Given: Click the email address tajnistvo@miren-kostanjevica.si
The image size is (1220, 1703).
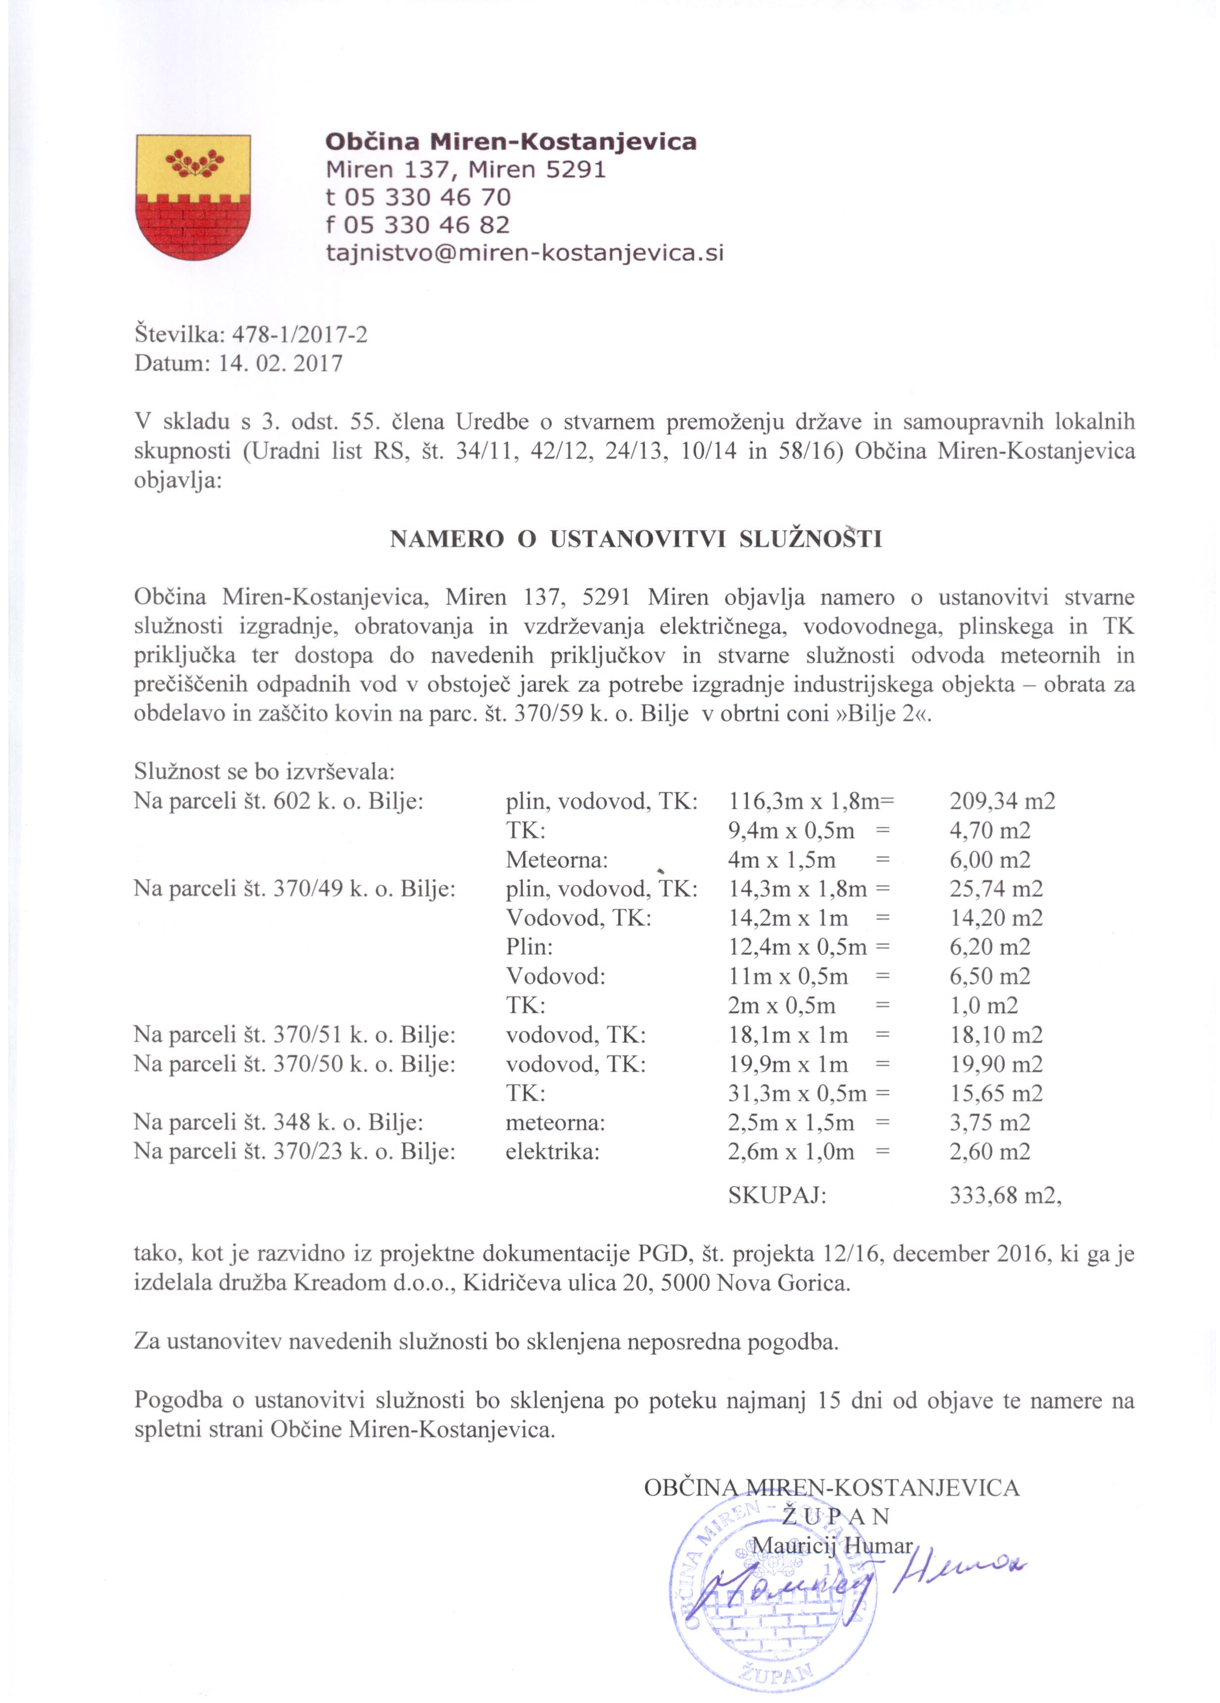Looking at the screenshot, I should tap(524, 253).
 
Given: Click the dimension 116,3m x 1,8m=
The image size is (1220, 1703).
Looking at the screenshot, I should tap(811, 801).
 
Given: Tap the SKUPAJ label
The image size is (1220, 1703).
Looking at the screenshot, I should tap(776, 1195).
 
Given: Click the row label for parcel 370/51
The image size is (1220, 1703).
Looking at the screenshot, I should tap(294, 1035).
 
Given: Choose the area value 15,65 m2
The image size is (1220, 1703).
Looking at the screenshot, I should tap(996, 1093).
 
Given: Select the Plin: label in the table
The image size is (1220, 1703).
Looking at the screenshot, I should tap(529, 947).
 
